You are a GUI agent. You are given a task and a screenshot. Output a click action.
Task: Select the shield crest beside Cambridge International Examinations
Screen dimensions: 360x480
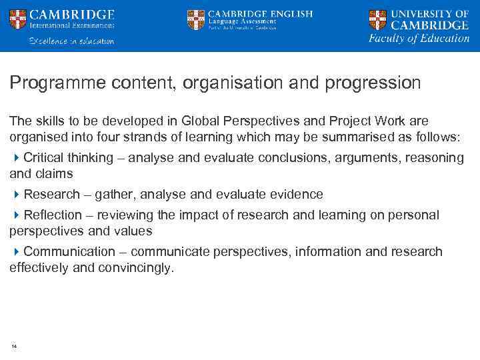pos(18,19)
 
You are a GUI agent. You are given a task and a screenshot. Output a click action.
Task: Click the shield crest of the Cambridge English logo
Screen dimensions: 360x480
pos(195,19)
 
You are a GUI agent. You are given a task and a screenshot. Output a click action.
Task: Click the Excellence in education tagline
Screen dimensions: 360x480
pos(71,41)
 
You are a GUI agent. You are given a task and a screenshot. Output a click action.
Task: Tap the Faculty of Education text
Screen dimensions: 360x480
pos(419,38)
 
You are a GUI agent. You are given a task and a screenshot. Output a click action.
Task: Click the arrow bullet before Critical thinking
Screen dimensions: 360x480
pos(17,158)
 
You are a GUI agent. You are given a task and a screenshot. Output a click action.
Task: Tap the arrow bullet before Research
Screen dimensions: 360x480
pos(17,195)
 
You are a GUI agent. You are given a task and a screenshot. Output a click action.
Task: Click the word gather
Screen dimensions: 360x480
pos(114,195)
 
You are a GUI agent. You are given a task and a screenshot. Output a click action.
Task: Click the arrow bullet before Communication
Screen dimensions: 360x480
pos(17,252)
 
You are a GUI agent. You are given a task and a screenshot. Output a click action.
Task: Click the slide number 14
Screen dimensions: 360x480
pos(13,346)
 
